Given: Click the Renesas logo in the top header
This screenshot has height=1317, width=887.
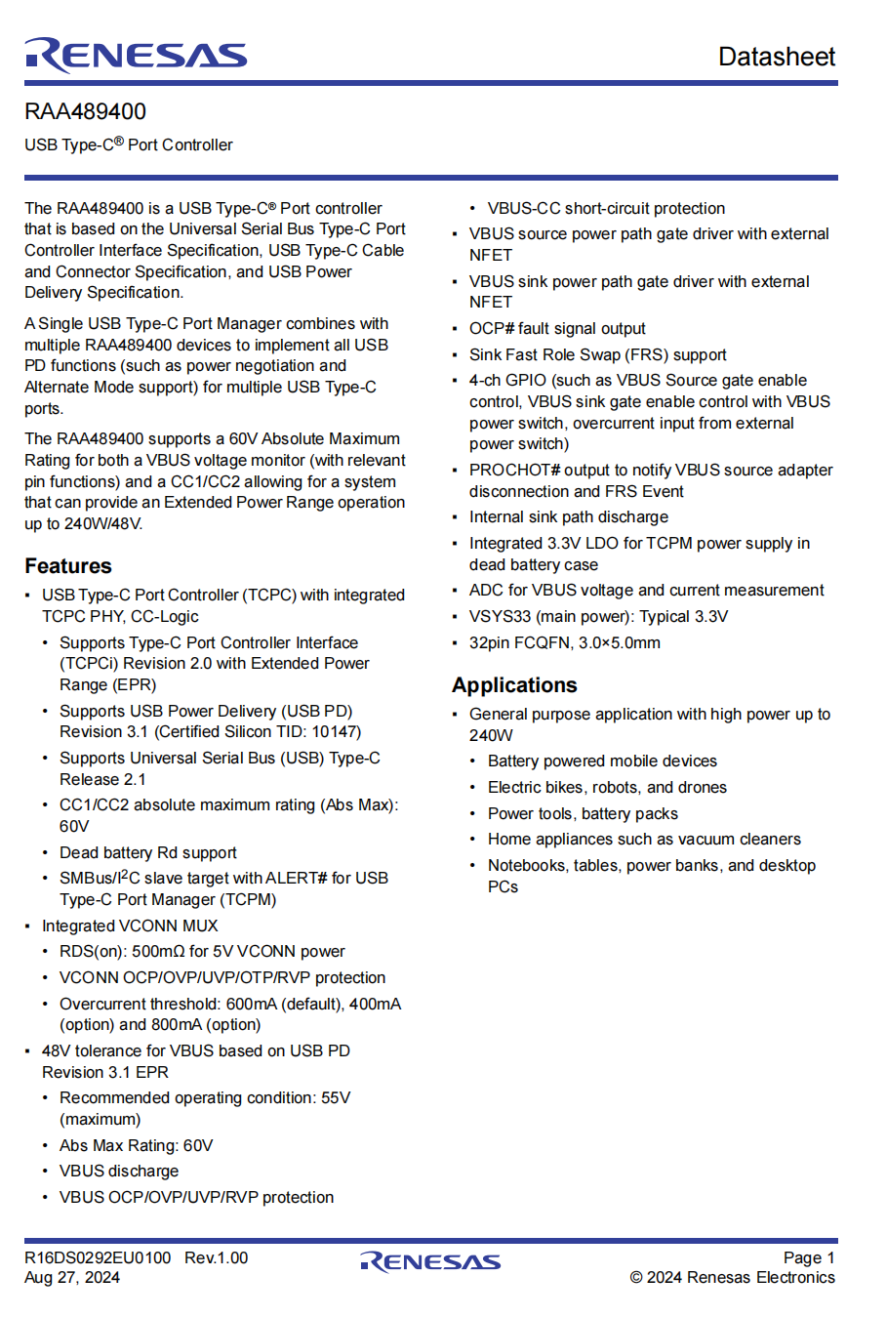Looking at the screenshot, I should click(x=136, y=56).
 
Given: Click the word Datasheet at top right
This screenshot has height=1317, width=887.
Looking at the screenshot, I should click(x=776, y=57).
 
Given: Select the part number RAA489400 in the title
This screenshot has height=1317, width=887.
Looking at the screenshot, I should click(x=86, y=112).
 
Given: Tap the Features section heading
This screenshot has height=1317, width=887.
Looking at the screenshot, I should click(x=68, y=566).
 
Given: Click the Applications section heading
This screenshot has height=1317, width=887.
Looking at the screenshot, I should click(x=514, y=685).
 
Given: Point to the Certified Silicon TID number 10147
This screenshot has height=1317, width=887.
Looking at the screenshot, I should click(x=333, y=732).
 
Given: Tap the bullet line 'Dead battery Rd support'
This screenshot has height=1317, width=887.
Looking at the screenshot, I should click(x=147, y=853).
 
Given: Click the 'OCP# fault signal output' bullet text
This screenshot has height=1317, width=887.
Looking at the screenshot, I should click(x=557, y=329).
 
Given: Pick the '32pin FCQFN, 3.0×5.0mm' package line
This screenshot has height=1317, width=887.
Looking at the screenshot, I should click(x=564, y=643).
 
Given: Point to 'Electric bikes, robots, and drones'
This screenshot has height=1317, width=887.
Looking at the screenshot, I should click(x=607, y=788).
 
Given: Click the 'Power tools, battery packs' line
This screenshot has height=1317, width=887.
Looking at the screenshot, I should click(x=583, y=814).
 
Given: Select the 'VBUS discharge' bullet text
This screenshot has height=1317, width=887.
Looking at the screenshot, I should click(x=119, y=1172).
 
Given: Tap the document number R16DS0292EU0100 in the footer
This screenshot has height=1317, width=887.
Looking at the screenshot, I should click(x=98, y=1258).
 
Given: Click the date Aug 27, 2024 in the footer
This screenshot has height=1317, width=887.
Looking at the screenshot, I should click(x=72, y=1278).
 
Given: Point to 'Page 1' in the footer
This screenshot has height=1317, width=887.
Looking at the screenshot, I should click(x=809, y=1258).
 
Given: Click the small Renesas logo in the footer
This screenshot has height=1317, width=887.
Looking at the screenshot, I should click(x=430, y=1262).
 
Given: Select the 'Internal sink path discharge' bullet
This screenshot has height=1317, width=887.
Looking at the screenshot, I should click(x=569, y=517).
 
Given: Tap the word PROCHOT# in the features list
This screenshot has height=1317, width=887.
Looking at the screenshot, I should click(x=514, y=471).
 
